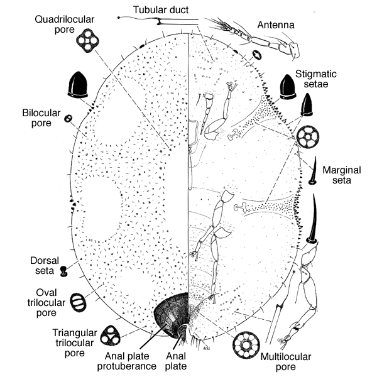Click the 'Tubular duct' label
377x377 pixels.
coord(161,8)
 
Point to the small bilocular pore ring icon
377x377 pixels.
coord(69,117)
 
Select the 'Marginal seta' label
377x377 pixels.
coord(342,174)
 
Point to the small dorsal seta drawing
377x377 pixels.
coord(64,271)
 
